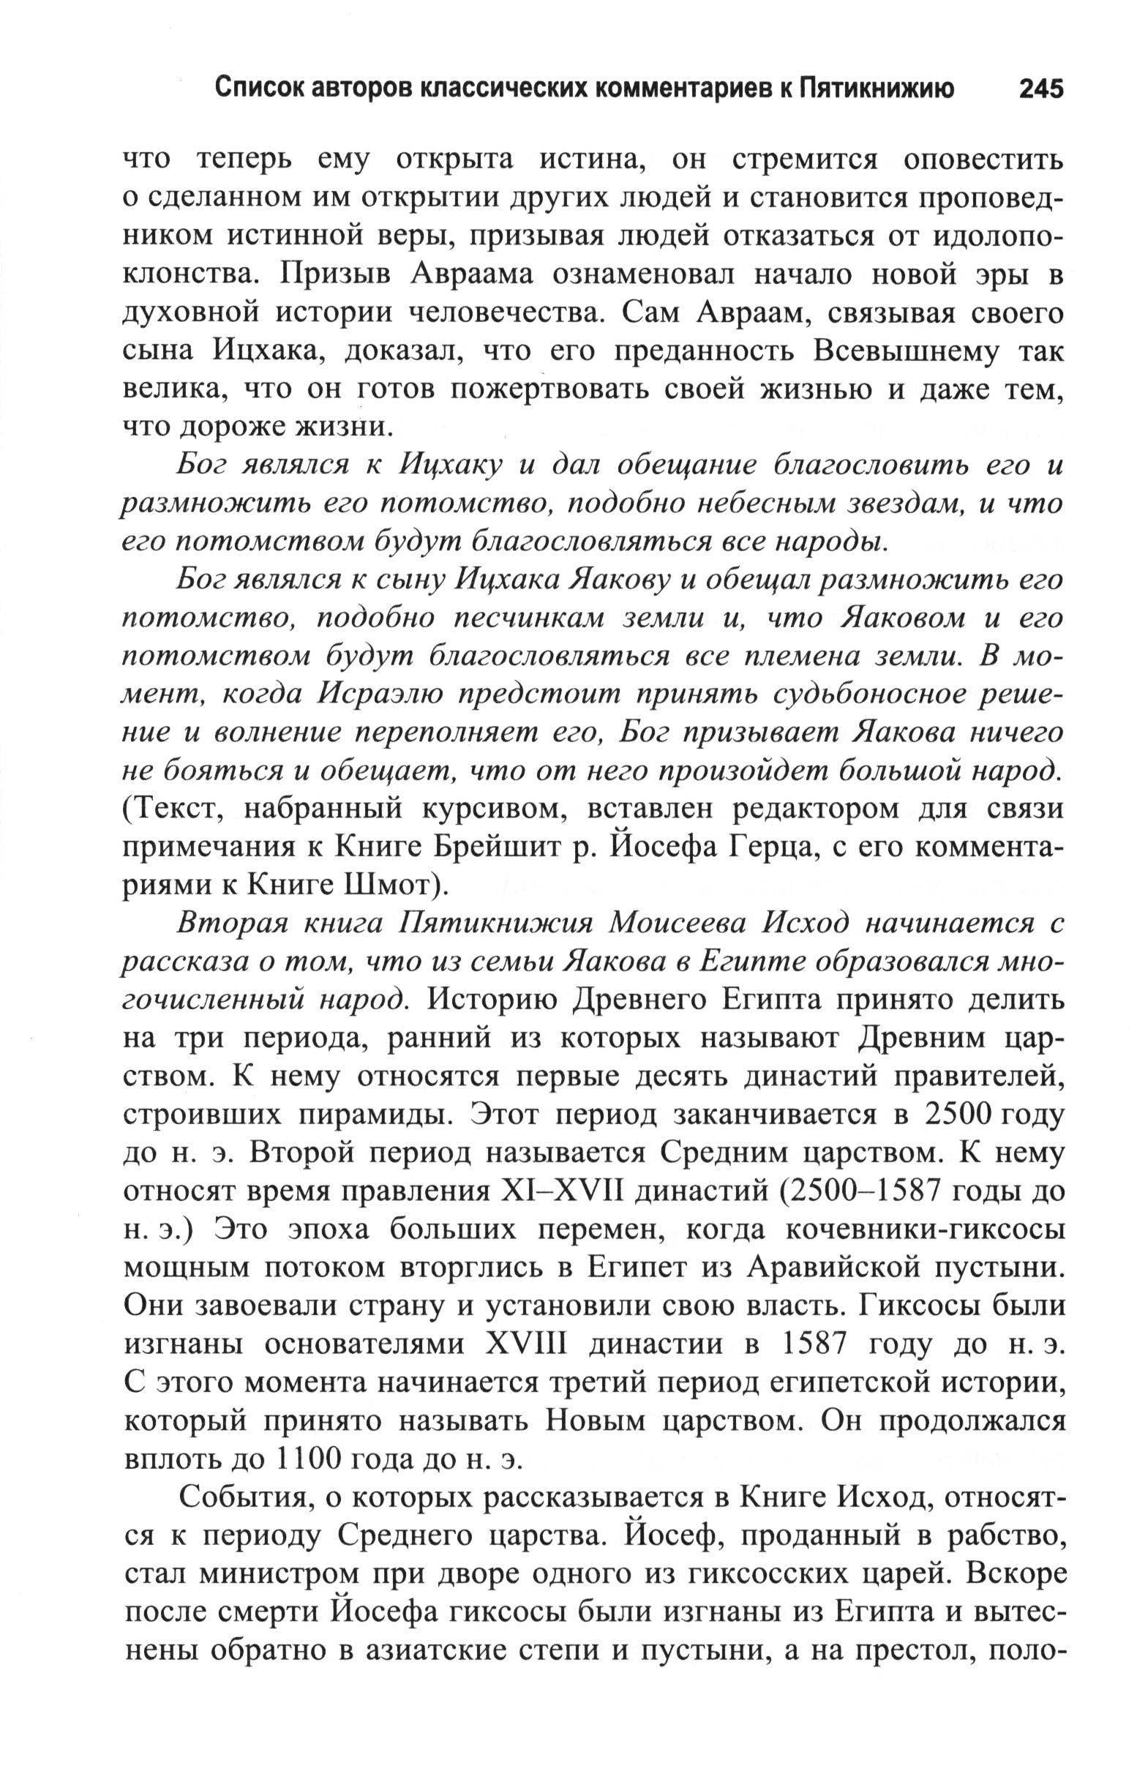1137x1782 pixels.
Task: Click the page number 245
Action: tap(1040, 89)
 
